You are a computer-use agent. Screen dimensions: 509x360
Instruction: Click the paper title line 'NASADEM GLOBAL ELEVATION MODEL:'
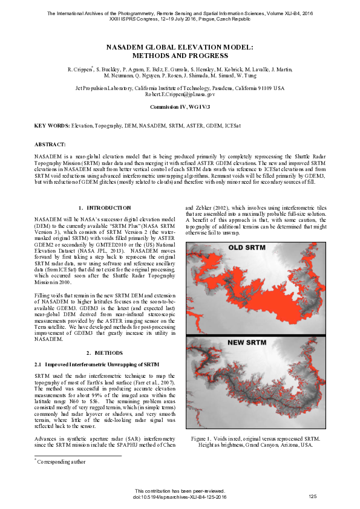[180, 47]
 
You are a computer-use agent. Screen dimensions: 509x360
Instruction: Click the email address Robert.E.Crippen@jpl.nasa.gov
[180, 94]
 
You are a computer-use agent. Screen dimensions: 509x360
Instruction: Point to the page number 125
[313, 496]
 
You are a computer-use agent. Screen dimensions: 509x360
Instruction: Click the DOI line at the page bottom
[180, 496]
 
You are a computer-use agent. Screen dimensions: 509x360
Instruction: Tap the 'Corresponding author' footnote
[61, 461]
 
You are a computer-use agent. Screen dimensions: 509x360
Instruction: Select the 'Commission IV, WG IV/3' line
[180, 106]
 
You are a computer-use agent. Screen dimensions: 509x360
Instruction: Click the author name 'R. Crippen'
[79, 70]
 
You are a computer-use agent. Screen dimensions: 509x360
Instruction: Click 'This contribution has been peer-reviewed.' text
[180, 491]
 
